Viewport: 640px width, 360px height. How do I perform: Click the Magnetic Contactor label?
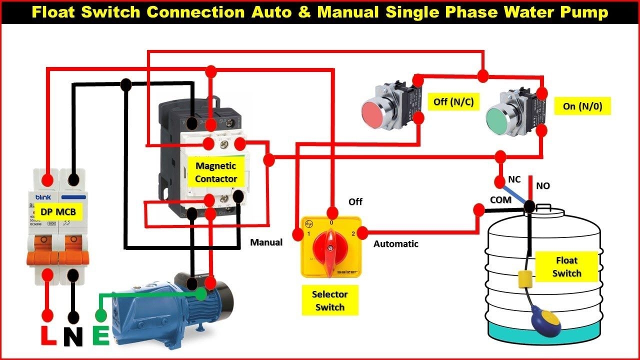pyautogui.click(x=216, y=172)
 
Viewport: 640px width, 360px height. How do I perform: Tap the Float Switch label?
pyautogui.click(x=566, y=267)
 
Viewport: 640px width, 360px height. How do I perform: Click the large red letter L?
pyautogui.click(x=48, y=336)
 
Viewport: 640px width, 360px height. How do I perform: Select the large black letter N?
pyautogui.click(x=73, y=336)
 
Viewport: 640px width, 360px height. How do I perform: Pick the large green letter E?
pyautogui.click(x=101, y=336)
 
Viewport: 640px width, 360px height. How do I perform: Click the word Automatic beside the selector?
pyautogui.click(x=396, y=244)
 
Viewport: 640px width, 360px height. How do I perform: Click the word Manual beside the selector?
pyautogui.click(x=266, y=242)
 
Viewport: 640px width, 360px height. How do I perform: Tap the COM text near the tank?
pyautogui.click(x=500, y=200)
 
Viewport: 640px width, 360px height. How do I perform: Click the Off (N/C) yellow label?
pyautogui.click(x=453, y=102)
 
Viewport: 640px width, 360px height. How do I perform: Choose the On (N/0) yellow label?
pyautogui.click(x=582, y=106)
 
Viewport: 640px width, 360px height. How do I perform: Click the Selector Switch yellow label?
pyautogui.click(x=329, y=300)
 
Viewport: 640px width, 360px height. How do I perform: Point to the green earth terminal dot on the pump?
pyautogui.click(x=201, y=294)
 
